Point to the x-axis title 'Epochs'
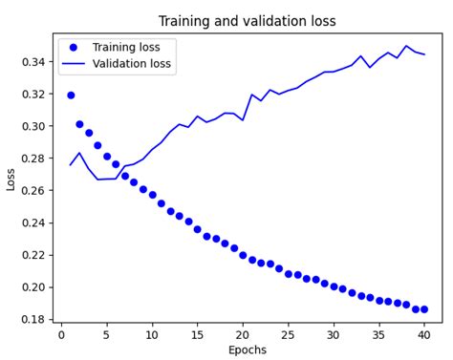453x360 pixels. [x=248, y=349]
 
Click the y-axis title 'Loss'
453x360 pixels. [x=11, y=179]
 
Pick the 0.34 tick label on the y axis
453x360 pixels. [x=34, y=61]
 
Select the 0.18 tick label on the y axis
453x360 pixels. [x=34, y=319]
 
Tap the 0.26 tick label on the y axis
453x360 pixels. [x=34, y=190]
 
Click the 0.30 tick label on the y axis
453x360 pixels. [x=34, y=126]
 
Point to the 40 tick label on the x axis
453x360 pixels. [x=424, y=333]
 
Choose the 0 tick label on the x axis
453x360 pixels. [x=62, y=333]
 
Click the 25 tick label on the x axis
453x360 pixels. [x=289, y=333]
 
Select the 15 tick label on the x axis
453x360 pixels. [x=198, y=333]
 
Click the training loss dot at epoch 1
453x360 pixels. [x=71, y=95]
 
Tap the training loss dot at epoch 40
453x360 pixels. [x=424, y=309]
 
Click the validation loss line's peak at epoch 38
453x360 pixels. [x=406, y=46]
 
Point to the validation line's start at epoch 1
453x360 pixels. [x=71, y=164]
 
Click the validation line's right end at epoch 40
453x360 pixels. [x=424, y=54]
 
